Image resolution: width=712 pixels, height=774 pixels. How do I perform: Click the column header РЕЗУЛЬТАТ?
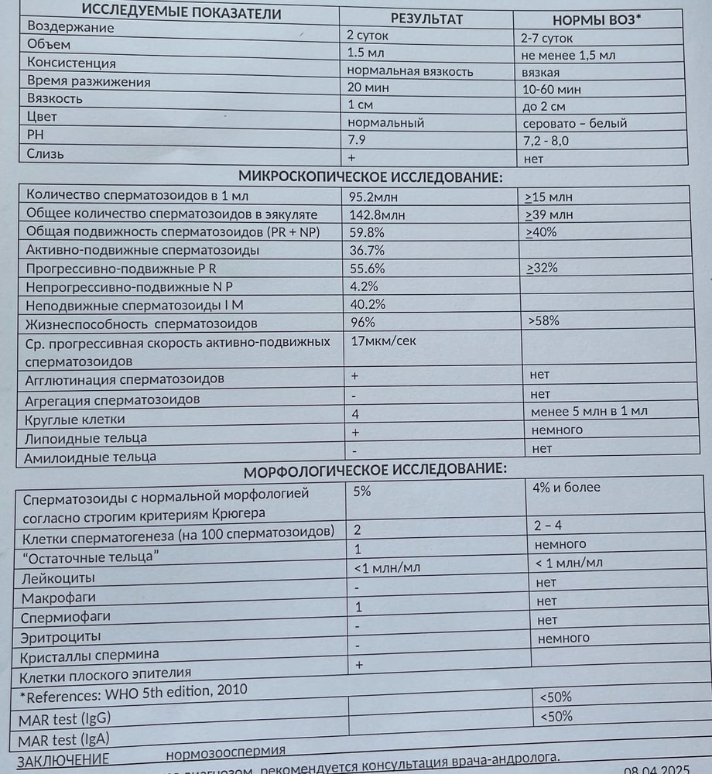(x=426, y=19)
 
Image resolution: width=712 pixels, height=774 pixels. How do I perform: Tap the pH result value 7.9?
(x=358, y=139)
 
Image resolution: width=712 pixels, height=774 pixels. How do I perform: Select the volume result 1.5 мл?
(x=366, y=53)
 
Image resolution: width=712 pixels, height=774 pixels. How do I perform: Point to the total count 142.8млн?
(x=380, y=214)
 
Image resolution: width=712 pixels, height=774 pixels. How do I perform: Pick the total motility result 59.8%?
(x=368, y=232)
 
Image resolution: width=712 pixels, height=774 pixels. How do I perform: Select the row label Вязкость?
(x=54, y=99)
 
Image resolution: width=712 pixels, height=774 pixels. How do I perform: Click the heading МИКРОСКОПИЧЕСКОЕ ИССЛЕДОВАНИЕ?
(x=370, y=176)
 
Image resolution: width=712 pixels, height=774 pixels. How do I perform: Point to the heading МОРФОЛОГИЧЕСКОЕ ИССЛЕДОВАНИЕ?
(x=375, y=471)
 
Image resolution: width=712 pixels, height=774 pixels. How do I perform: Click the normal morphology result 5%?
(x=361, y=490)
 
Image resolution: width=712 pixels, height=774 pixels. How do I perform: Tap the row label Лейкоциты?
(x=59, y=578)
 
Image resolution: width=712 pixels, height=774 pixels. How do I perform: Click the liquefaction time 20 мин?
(x=368, y=88)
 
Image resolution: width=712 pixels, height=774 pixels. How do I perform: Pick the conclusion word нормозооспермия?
(x=225, y=751)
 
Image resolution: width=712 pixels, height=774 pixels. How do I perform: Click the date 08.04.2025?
(x=656, y=770)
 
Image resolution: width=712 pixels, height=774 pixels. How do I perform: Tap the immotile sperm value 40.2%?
(x=368, y=304)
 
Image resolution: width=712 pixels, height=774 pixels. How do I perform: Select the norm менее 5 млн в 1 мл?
(x=590, y=411)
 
